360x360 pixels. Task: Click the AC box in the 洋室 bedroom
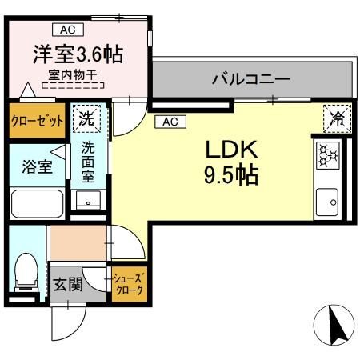[x=68, y=30]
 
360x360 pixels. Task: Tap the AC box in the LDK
[x=170, y=122]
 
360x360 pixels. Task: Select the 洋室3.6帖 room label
[x=78, y=54]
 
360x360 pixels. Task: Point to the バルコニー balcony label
[x=251, y=79]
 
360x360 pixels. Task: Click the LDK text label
[x=231, y=150]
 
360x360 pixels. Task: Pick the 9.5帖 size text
[x=231, y=175]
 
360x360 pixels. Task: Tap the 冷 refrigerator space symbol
[x=338, y=118]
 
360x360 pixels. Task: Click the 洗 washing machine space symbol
[x=86, y=118]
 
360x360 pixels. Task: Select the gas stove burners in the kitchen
[x=328, y=155]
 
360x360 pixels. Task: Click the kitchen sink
[x=327, y=202]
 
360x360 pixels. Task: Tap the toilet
[x=26, y=272]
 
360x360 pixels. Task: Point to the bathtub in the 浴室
[x=38, y=204]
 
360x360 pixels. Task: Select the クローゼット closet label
[x=38, y=121]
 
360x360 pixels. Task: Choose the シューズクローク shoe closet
[x=130, y=284]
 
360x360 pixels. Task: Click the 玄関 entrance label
[x=68, y=285]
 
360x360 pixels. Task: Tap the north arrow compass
[x=334, y=325]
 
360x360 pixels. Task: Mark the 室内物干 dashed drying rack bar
[x=73, y=86]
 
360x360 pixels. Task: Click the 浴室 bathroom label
[x=37, y=166]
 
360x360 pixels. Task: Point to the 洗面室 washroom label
[x=88, y=162]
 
